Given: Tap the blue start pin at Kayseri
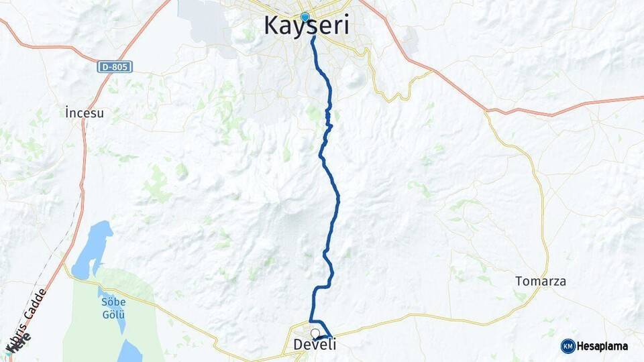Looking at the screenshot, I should click(305, 17).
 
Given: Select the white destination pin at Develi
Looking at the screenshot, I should click(315, 333).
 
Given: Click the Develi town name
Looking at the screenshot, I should click(315, 345).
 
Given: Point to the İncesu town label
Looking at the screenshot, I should click(85, 113).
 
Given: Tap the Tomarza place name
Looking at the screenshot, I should click(540, 281).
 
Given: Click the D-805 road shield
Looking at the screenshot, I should click(115, 66).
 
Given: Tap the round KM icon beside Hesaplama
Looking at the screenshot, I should click(568, 346).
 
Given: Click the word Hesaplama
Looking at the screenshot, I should click(602, 347).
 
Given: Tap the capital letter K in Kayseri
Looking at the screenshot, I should click(272, 25).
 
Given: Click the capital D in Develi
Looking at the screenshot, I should click(299, 345).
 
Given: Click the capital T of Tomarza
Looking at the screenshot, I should click(519, 281).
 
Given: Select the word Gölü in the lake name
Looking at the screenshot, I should click(113, 314).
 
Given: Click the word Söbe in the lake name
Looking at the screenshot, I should click(113, 302).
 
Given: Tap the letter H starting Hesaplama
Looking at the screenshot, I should click(581, 347).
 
